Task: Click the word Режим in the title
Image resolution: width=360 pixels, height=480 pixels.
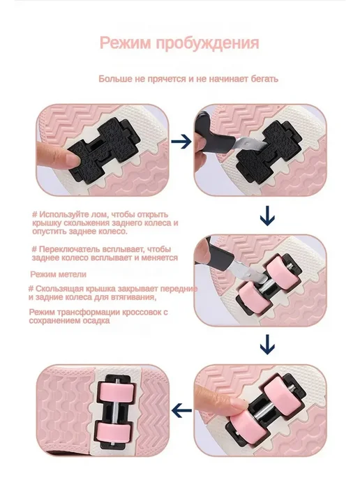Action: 126,43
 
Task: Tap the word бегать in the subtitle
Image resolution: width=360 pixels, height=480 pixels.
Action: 264,79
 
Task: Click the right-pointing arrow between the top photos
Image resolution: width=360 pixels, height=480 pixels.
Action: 181,142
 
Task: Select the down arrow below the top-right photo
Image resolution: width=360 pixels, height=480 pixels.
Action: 267,216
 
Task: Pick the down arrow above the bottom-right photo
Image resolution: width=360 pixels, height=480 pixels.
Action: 267,345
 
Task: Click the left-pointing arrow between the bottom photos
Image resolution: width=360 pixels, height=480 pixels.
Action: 181,410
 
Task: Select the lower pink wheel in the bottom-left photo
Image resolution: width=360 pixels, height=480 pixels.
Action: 114,433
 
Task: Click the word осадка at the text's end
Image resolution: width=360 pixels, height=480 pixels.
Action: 98,321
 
